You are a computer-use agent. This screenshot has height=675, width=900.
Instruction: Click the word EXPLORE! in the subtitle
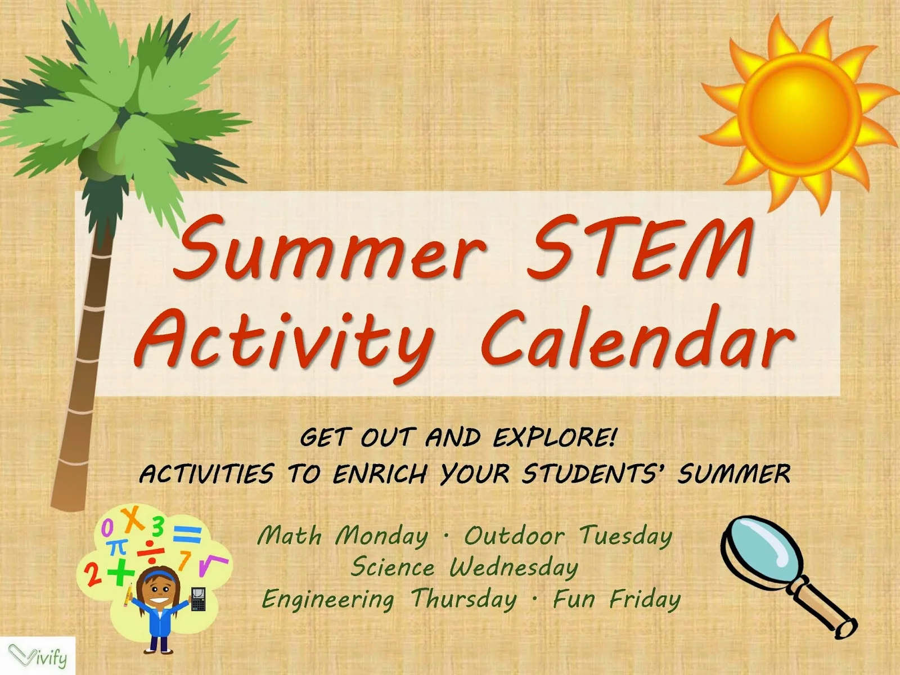point(555,438)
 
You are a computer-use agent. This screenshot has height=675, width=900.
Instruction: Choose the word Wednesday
point(513,568)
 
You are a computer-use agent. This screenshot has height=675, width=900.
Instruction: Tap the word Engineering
point(328,600)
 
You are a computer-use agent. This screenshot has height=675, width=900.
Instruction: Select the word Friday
point(645,599)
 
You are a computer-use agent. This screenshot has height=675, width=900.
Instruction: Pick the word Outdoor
point(513,536)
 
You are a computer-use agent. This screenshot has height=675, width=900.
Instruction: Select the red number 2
point(92,574)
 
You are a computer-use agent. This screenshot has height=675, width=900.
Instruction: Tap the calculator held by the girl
point(197,600)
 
